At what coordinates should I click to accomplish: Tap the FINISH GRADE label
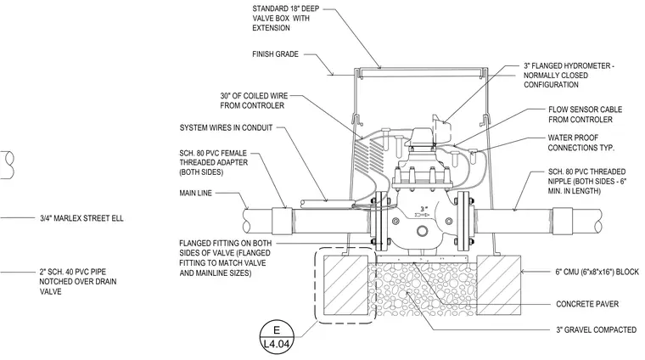coord(275,54)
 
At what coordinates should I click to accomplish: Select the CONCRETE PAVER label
coord(587,304)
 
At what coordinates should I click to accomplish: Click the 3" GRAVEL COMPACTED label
coord(596,330)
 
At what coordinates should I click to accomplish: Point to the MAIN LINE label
coord(196,193)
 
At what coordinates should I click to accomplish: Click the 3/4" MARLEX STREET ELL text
coord(81,218)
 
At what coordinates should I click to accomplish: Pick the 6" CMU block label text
coord(597,272)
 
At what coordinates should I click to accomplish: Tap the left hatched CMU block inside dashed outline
coord(345,285)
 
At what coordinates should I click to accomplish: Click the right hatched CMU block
coord(498,285)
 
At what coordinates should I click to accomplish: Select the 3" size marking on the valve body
coord(423,210)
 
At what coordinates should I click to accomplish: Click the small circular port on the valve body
coord(422,231)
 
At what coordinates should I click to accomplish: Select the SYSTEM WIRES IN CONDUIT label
coord(226,128)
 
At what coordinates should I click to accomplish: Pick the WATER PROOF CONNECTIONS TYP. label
coord(580,143)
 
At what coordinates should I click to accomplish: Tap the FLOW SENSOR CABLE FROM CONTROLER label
coord(585,115)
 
